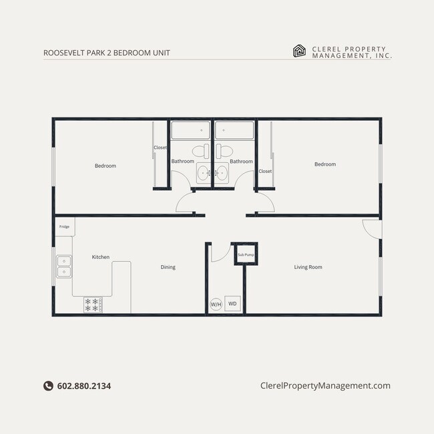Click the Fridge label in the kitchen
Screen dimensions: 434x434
pyautogui.click(x=64, y=227)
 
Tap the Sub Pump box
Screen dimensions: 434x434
pyautogui.click(x=246, y=254)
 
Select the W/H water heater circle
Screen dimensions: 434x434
pyautogui.click(x=216, y=304)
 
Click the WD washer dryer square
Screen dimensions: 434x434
pyautogui.click(x=232, y=304)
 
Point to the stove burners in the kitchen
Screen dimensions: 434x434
pyautogui.click(x=92, y=305)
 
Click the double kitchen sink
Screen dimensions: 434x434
pyautogui.click(x=63, y=266)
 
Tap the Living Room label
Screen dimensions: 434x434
pyautogui.click(x=308, y=267)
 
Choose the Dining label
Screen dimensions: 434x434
pyautogui.click(x=168, y=267)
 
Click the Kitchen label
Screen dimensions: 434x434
pyautogui.click(x=101, y=257)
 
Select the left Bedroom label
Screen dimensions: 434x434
pyautogui.click(x=105, y=166)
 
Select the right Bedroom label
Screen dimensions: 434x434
pyautogui.click(x=325, y=164)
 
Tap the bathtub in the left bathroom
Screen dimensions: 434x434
pyautogui.click(x=190, y=130)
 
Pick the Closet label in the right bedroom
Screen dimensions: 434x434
pyautogui.click(x=265, y=172)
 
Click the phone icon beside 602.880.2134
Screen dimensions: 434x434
pyautogui.click(x=48, y=386)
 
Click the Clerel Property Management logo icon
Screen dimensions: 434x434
pyautogui.click(x=300, y=51)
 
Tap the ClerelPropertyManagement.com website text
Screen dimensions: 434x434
pyautogui.click(x=324, y=386)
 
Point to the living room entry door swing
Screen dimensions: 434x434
pyautogui.click(x=371, y=228)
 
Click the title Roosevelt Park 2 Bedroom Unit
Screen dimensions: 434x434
pyautogui.click(x=101, y=52)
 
